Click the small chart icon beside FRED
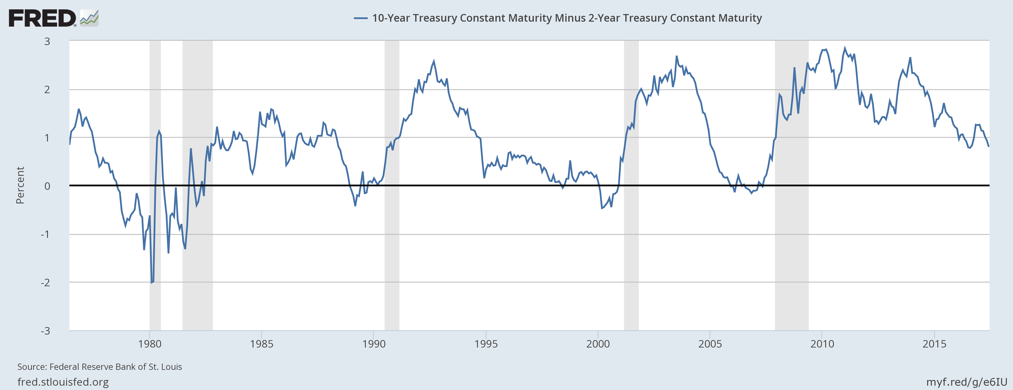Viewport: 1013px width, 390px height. (89, 18)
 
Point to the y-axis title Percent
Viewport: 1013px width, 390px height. (20, 185)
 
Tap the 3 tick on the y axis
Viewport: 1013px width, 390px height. (47, 41)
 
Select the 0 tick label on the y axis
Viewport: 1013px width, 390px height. (47, 186)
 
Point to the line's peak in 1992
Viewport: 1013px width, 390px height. (434, 61)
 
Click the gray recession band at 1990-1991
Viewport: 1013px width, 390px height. (392, 236)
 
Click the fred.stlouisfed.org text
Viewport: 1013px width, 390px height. (63, 382)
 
